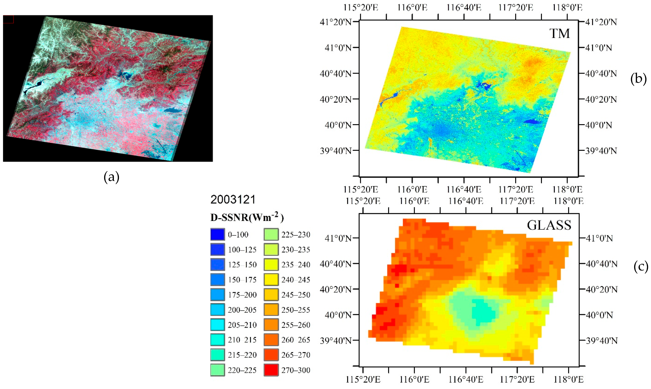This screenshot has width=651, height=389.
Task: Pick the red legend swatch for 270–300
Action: pos(271,370)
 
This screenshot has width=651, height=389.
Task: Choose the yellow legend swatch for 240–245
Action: pos(271,280)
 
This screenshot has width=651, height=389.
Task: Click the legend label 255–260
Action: pos(296,325)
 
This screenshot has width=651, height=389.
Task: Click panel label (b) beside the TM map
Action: pos(638,79)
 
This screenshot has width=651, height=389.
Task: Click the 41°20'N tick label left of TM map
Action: pos(335,22)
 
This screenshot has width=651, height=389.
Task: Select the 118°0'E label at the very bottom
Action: pos(569,379)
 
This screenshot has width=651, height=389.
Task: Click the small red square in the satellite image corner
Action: pos(8,19)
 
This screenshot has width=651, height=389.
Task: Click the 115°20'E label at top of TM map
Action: pos(361,7)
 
